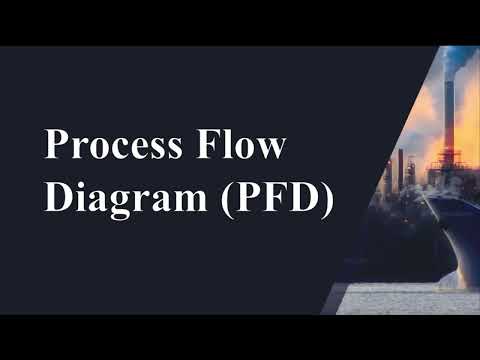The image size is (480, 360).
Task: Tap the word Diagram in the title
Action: (x=118, y=199)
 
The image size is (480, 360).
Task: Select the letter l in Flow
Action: (x=231, y=147)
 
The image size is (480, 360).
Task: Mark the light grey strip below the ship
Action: (x=400, y=297)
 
